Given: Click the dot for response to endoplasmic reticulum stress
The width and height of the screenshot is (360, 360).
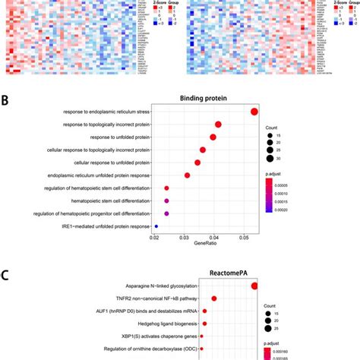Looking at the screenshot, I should coord(254,112).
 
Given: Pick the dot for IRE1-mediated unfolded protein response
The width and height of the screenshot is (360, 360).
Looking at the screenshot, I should coord(156,226).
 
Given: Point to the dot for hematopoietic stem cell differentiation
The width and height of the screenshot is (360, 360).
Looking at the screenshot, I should coord(166,201).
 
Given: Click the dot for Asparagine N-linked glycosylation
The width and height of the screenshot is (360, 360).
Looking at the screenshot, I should coord(254,286).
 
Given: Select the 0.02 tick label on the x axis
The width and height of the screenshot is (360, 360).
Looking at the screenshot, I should coord(154,238).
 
